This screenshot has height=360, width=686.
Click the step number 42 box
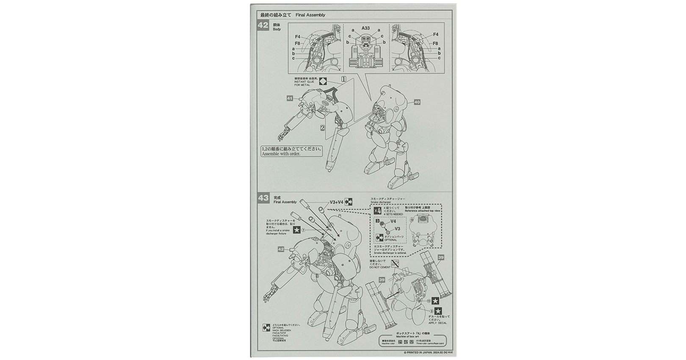point(263,26)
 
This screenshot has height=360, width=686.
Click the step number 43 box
point(263,198)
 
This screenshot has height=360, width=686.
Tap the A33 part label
point(365,28)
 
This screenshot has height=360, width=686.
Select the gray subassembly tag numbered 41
point(290,98)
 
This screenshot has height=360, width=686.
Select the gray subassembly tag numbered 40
point(417,102)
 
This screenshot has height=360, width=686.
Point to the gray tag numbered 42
point(281,249)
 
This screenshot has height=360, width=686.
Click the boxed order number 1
point(343,79)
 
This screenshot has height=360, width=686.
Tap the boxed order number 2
point(323,127)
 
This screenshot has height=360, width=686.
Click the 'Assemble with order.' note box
point(291,151)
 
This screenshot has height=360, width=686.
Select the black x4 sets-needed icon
point(377,210)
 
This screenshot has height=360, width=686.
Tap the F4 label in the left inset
point(298,37)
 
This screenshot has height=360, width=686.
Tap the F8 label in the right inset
point(435,43)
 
